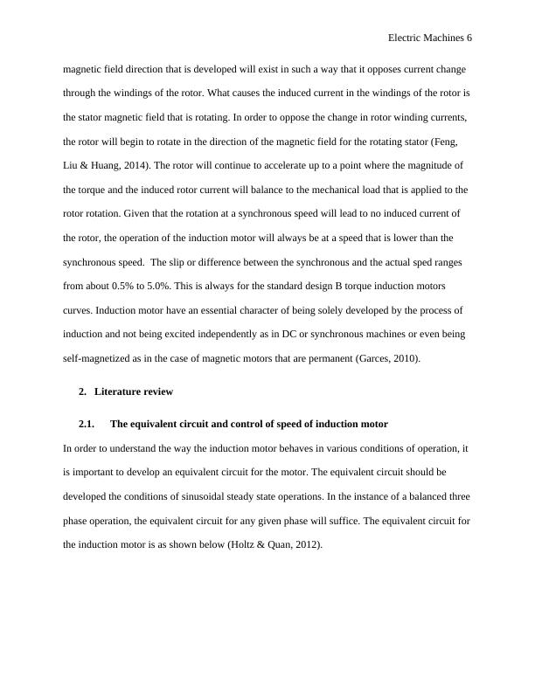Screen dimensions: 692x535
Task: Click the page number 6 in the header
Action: (x=469, y=39)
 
